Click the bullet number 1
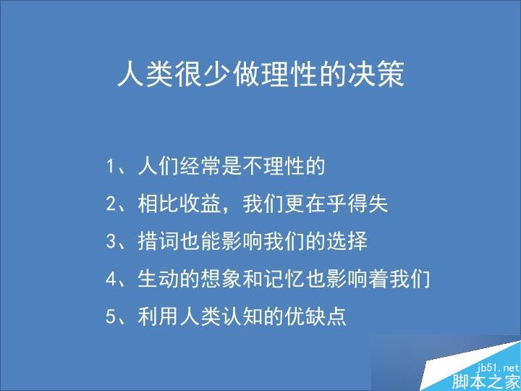(111, 167)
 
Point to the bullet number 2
(111, 204)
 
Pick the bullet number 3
(111, 242)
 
